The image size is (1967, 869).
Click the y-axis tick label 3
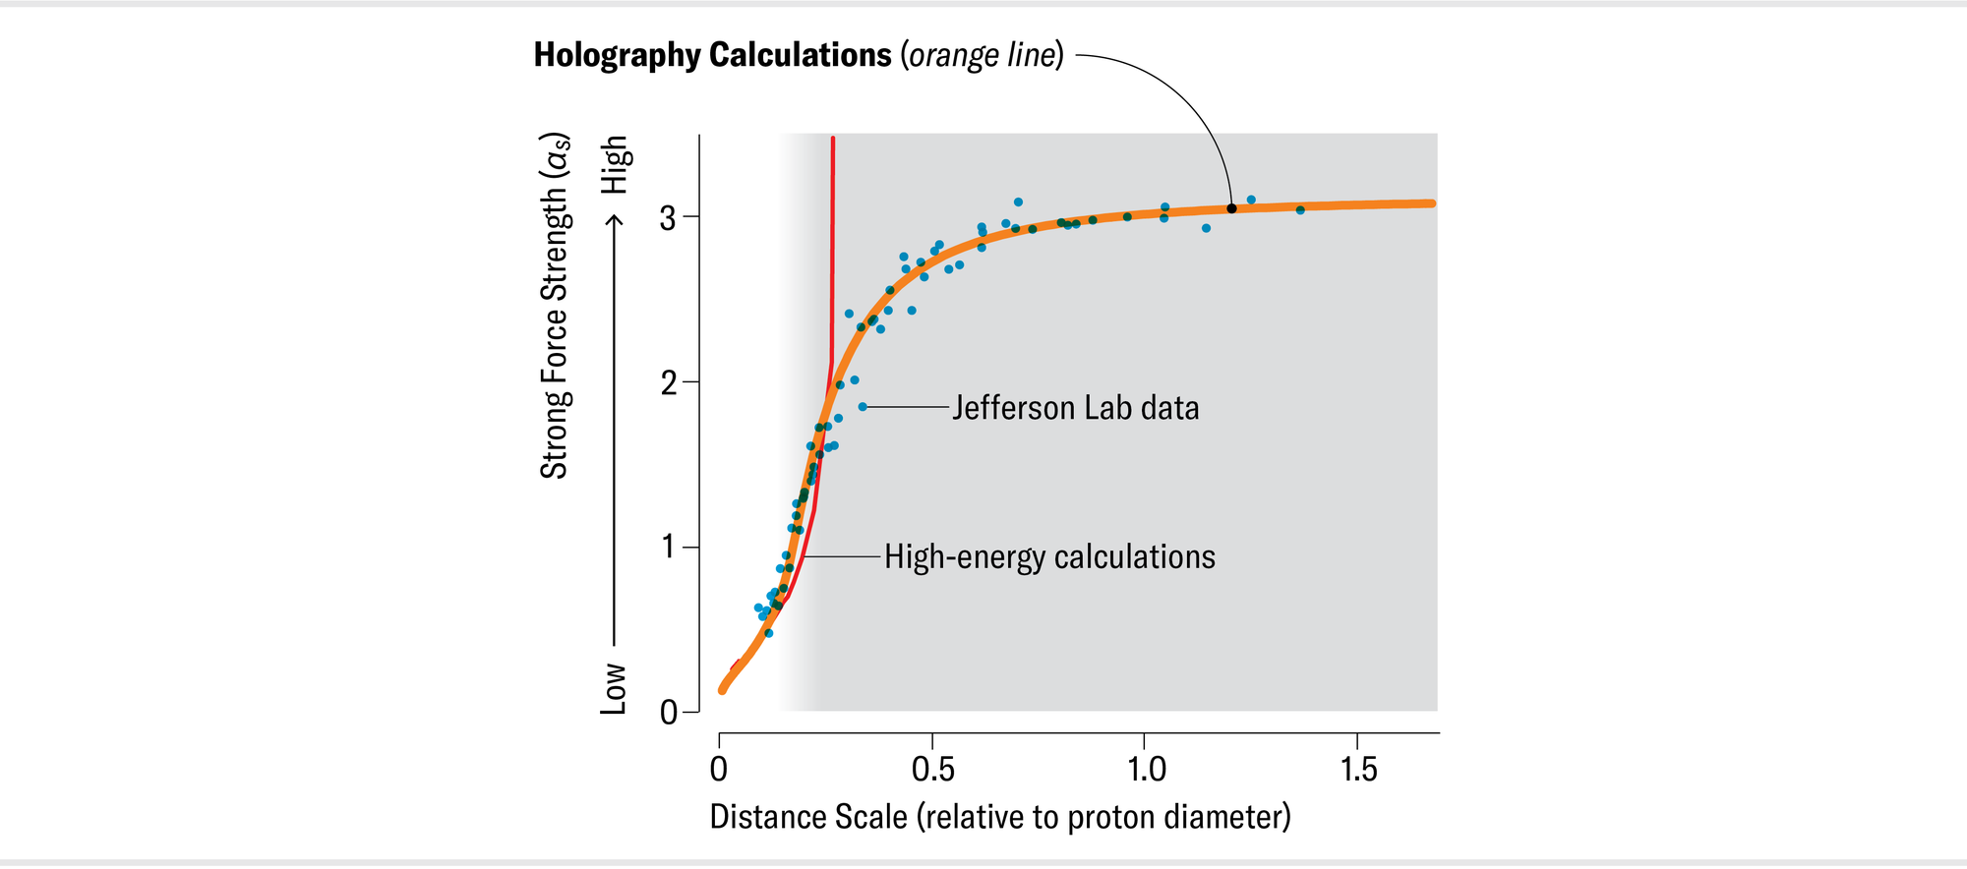668,217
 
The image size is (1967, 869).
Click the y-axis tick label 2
668,382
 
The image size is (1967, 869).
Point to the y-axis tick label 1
668,547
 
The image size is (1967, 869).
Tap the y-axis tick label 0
669,712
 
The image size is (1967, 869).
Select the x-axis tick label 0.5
932,769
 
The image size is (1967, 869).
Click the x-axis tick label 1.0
1146,769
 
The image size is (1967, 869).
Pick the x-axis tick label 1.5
1358,769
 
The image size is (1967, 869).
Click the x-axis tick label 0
719,769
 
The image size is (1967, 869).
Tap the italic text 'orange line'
983,55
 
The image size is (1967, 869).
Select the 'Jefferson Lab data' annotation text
1075,408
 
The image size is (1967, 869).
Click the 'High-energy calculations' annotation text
1049,557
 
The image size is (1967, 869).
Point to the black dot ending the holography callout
1231,208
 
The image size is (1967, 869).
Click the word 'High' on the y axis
615,164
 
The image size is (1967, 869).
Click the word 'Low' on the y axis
614,688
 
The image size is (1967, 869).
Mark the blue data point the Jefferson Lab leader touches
863,407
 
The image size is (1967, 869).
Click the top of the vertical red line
833,140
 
